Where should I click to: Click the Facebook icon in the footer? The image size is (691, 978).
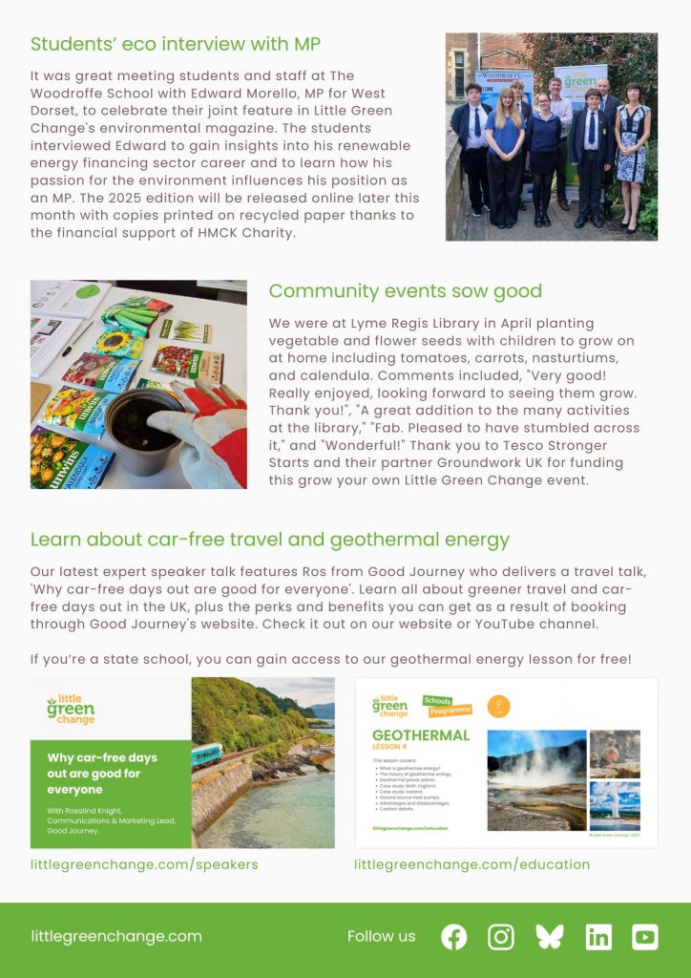[454, 937]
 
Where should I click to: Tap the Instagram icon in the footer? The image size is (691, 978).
[501, 937]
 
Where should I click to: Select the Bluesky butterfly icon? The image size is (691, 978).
[550, 937]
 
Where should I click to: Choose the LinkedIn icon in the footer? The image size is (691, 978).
[598, 937]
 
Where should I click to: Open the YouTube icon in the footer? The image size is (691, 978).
[645, 937]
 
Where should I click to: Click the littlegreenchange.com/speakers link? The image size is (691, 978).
[144, 864]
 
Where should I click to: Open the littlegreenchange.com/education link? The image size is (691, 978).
[471, 864]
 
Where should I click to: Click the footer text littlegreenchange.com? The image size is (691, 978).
[116, 936]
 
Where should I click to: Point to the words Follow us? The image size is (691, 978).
[382, 936]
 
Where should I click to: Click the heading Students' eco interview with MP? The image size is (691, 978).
[176, 44]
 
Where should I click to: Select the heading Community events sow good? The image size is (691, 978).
[405, 291]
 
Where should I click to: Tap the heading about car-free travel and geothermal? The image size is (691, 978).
[270, 540]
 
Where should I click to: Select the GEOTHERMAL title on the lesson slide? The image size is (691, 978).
[421, 735]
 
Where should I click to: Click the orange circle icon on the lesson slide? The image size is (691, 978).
[498, 707]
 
